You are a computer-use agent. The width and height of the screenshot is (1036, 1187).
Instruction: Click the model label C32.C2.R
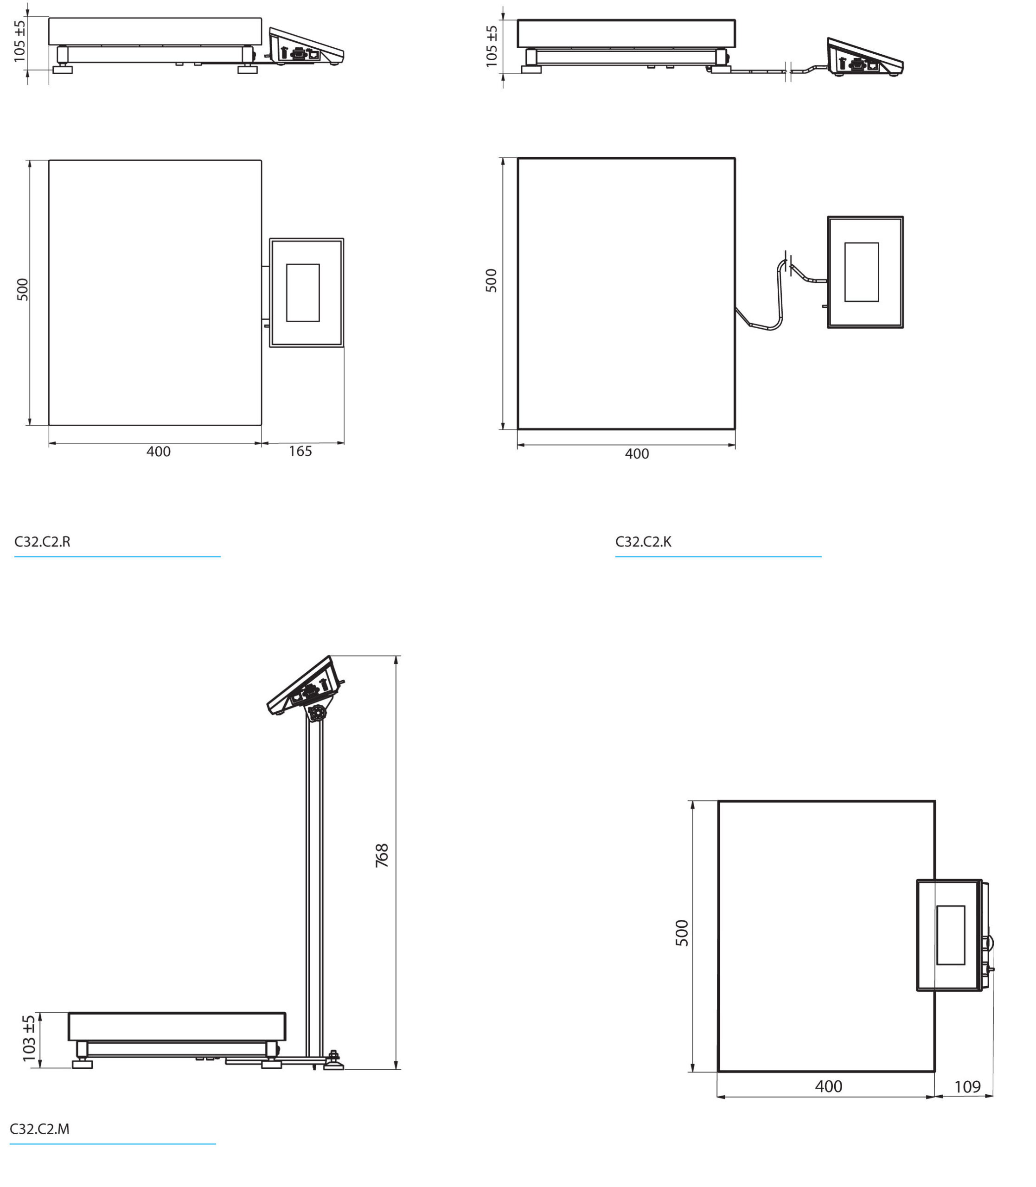click(x=42, y=542)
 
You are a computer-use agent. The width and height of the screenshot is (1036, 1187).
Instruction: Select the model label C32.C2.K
click(x=643, y=542)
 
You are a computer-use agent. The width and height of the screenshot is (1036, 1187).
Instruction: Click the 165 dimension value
click(x=300, y=451)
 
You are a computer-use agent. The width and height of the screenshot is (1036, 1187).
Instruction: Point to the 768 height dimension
click(x=382, y=855)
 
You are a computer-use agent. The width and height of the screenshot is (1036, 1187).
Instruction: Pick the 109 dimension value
click(x=967, y=1087)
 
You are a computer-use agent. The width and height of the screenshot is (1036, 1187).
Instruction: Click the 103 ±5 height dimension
click(x=29, y=1039)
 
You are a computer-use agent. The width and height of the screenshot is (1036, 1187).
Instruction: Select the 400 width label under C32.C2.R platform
click(x=159, y=452)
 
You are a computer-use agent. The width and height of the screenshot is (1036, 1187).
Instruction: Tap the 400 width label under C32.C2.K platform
click(x=637, y=454)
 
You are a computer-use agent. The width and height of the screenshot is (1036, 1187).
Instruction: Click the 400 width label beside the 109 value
click(x=828, y=1086)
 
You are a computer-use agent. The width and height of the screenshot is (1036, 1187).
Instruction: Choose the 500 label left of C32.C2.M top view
click(x=682, y=933)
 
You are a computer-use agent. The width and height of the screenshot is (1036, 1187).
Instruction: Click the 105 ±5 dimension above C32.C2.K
click(x=492, y=46)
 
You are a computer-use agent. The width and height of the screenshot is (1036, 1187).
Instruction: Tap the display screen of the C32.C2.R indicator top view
click(x=303, y=293)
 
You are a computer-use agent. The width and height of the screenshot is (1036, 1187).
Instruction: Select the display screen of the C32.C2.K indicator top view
click(x=862, y=272)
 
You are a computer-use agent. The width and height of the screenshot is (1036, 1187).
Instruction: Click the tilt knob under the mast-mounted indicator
click(x=316, y=714)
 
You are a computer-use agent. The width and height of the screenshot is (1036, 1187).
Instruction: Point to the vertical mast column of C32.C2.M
click(x=315, y=884)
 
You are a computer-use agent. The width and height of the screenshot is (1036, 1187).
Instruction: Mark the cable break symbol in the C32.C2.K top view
click(x=788, y=263)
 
